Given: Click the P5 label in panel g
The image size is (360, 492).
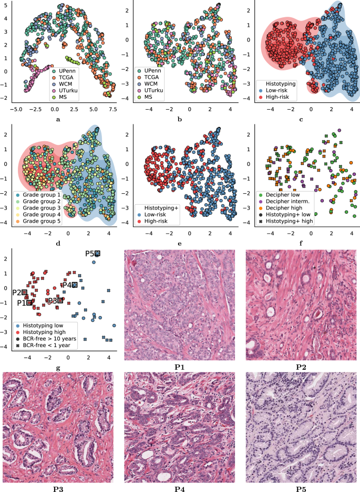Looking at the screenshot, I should point(90,254).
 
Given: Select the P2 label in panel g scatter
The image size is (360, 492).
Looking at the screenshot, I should point(17,292).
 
